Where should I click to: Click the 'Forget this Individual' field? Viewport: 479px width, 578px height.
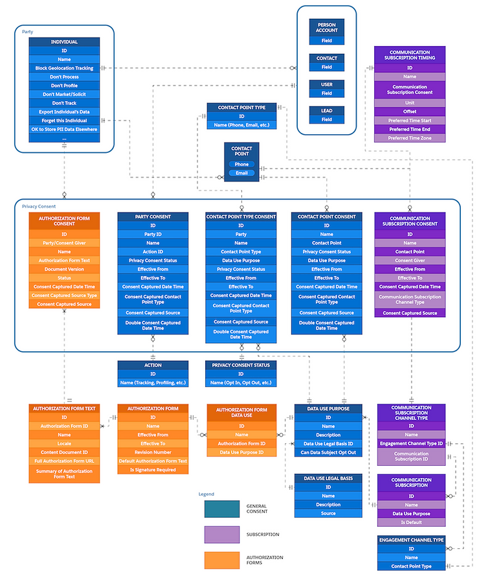coord(64,121)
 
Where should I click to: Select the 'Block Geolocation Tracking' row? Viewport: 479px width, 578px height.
coord(64,68)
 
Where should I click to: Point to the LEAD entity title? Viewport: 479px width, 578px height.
coord(326,110)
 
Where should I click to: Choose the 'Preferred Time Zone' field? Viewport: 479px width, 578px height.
coord(409,138)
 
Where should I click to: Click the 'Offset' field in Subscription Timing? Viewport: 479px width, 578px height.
coord(409,111)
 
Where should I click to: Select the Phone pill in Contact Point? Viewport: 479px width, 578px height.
coord(241,164)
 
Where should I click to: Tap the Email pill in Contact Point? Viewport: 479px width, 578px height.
coord(241,173)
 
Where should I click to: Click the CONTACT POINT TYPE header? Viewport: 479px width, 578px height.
coord(241,107)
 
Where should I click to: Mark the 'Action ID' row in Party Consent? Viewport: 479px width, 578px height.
coord(153,252)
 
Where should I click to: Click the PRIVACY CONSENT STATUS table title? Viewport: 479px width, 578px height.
coord(241,365)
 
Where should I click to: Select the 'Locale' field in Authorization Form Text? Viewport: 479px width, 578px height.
coord(64,443)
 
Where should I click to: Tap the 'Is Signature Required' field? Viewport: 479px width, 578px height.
coord(153,470)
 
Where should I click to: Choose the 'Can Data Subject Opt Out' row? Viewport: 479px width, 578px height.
coord(328,452)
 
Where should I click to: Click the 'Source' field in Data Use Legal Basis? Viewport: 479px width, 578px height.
coord(328,513)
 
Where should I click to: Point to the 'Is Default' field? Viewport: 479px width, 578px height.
coord(411,522)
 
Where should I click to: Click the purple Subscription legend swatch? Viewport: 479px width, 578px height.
coord(221,535)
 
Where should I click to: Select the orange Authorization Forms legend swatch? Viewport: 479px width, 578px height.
coord(221,560)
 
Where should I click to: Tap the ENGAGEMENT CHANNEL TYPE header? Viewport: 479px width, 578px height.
coord(411,540)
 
